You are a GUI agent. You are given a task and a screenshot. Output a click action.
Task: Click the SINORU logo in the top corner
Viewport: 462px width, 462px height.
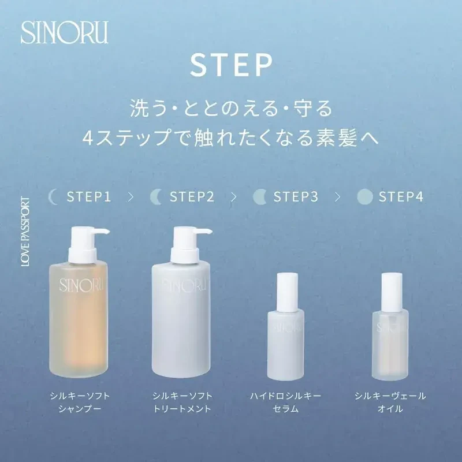pos(64,32)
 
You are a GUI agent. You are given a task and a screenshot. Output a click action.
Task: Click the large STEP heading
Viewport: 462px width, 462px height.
pos(231,65)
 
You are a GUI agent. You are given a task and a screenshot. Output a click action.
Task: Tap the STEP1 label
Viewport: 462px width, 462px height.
pos(89,197)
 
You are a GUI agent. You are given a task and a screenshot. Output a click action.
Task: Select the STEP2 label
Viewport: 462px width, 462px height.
pos(192,197)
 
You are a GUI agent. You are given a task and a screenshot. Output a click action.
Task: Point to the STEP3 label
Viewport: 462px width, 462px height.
pos(296,197)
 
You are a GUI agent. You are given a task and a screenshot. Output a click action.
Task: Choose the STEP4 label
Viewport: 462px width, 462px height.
pos(401,197)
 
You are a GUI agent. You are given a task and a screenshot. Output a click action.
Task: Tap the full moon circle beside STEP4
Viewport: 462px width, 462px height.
pos(365,197)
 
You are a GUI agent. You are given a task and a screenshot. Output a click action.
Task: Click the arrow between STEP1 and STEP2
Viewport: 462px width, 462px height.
pos(131,197)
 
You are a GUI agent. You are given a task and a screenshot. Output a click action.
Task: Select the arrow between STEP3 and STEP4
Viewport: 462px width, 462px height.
pos(338,197)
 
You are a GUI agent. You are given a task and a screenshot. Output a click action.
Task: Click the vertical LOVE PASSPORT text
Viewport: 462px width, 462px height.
pos(25,232)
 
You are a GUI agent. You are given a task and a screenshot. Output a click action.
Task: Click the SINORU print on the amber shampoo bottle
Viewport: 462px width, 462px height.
pos(81,285)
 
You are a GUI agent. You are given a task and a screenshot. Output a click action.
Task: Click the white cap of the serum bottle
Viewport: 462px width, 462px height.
pos(287,291)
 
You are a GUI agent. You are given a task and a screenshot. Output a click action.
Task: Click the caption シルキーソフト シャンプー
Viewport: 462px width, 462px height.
pos(80,402)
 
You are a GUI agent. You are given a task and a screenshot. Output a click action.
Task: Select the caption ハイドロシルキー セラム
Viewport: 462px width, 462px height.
pos(285,402)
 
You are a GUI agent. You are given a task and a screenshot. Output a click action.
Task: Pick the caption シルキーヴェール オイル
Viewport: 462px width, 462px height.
pos(390,402)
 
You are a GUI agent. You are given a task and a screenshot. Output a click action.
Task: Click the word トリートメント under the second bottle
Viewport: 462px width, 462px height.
pos(182,409)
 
